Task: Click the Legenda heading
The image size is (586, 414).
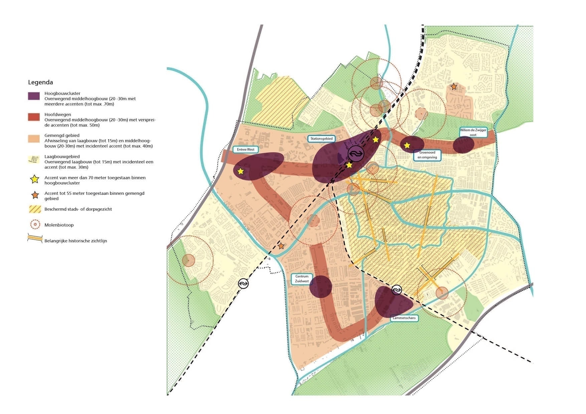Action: pos(40,82)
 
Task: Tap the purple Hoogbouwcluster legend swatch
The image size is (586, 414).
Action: pos(34,96)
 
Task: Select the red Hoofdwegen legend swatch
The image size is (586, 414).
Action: pos(34,117)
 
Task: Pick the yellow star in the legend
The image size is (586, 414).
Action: pos(35,179)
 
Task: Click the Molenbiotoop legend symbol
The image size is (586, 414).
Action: pos(35,225)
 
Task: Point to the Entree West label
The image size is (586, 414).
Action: pos(246,150)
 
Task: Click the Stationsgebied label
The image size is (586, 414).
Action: pos(321,139)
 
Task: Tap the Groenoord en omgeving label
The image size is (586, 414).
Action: pos(427,155)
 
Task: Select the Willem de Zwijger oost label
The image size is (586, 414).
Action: pos(473,132)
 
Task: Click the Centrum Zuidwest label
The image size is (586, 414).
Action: pos(302,279)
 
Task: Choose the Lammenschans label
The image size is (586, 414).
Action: pos(404,318)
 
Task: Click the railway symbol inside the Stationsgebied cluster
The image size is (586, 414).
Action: pos(356,154)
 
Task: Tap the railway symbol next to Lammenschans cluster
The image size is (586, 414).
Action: pos(397,290)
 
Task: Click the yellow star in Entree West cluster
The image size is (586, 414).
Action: pos(241,172)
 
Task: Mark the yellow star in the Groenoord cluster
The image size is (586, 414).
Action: pos(407,146)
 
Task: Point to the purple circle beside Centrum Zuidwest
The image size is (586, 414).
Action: pos(321,286)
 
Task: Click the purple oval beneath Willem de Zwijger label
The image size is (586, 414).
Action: pos(463,145)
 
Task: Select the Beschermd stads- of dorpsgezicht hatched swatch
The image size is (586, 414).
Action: pos(35,209)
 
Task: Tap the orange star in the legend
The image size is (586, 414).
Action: pos(35,195)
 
